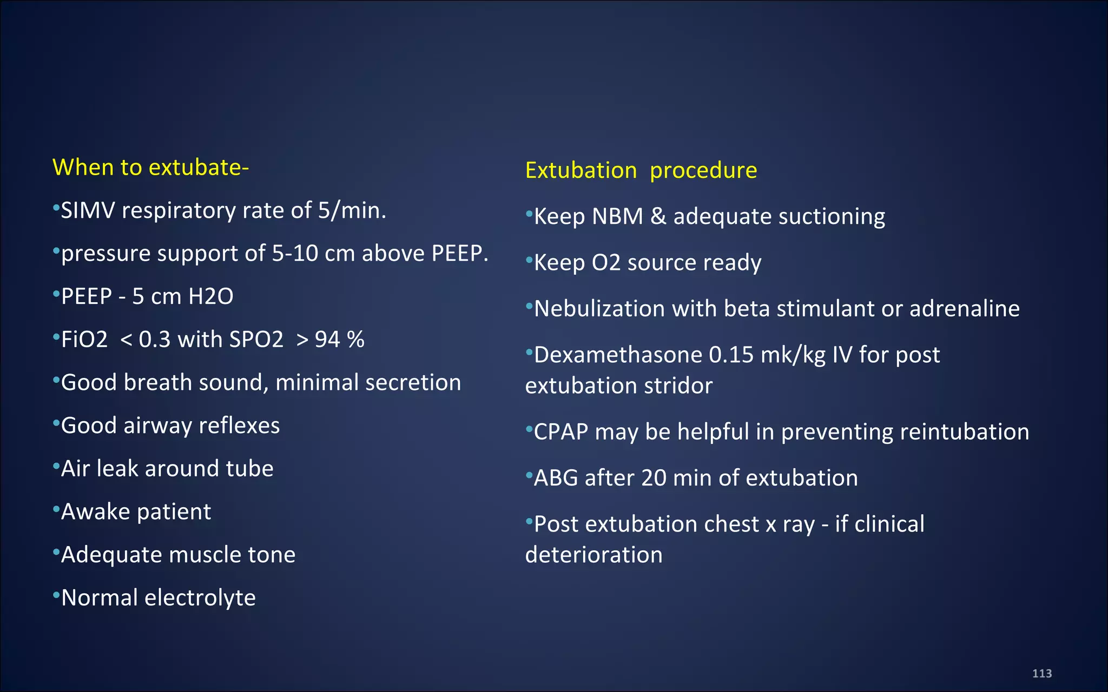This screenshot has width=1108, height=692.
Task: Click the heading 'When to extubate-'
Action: [x=150, y=167]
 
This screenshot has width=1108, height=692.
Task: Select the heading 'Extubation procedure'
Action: [x=641, y=170]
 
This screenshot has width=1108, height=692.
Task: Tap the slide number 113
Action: [x=1041, y=673]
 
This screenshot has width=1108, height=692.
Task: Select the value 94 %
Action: [x=339, y=340]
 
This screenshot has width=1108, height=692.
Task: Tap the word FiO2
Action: [x=84, y=340]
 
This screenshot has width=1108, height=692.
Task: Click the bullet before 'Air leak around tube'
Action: [x=56, y=465]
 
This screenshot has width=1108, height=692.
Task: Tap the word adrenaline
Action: [x=964, y=309]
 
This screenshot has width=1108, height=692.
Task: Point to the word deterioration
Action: [x=593, y=555]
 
